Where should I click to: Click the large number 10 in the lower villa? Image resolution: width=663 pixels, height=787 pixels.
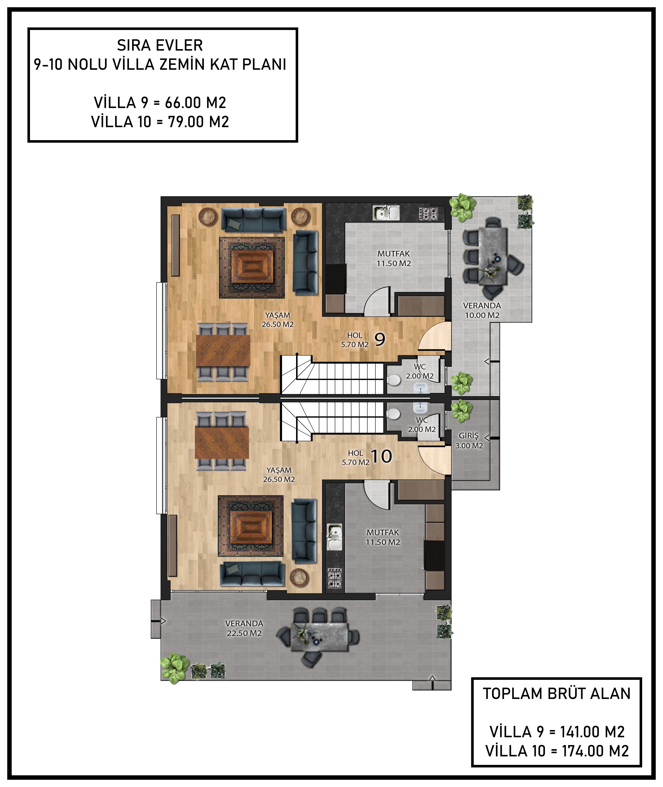(x=382, y=456)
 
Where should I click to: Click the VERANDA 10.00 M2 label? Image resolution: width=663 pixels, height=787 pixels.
(x=482, y=310)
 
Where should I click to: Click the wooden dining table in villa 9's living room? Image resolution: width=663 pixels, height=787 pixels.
(x=223, y=350)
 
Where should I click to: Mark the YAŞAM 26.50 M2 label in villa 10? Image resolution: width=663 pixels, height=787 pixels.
(x=279, y=475)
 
